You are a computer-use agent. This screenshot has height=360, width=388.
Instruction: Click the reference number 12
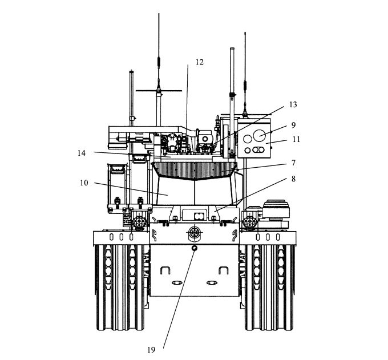[x=200, y=62]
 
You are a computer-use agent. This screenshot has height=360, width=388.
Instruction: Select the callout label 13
[x=293, y=104]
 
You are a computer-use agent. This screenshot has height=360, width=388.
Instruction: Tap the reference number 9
[x=293, y=125]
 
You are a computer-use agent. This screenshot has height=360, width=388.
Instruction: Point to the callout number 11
[x=297, y=139]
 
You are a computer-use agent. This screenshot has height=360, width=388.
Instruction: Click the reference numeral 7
[x=293, y=163]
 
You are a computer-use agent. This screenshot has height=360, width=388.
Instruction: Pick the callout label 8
[x=293, y=179]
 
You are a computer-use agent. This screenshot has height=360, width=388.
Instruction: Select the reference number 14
[x=82, y=153]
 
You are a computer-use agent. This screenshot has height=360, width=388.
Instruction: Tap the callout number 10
[x=84, y=183]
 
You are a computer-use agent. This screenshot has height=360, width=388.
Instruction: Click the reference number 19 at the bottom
[x=151, y=350]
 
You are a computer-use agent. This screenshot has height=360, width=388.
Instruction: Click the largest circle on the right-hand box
[x=259, y=135]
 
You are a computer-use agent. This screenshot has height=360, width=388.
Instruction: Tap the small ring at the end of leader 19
[x=194, y=248]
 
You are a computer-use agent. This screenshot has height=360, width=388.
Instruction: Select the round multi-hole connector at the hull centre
[x=194, y=232]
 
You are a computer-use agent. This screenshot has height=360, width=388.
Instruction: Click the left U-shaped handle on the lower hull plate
[x=165, y=270]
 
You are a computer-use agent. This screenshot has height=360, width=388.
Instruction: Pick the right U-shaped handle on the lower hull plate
[x=224, y=270]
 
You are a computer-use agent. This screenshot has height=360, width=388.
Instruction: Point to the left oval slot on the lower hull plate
[x=177, y=282]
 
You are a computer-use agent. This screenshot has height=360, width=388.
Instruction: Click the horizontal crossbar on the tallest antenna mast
[x=159, y=91]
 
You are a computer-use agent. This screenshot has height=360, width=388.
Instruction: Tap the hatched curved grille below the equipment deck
[x=195, y=170]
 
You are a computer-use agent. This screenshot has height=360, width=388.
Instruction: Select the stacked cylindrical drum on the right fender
[x=276, y=209]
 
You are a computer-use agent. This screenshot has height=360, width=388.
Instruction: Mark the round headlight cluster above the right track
[x=250, y=222]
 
